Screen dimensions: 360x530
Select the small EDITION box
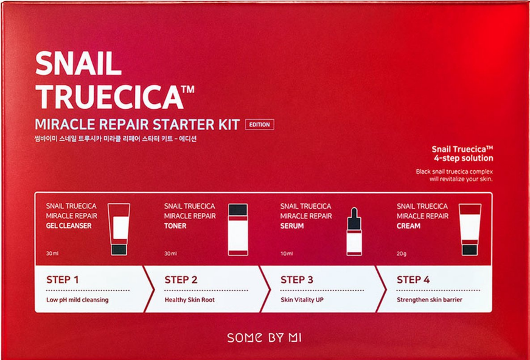tap(259, 125)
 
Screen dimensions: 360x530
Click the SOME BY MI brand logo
tap(264, 337)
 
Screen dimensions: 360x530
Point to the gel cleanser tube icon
tap(119, 229)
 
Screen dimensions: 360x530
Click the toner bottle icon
tap(237, 229)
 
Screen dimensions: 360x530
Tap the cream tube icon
tap(469, 229)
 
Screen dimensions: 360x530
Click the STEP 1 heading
tap(63, 280)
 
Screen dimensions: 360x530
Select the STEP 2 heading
tap(181, 280)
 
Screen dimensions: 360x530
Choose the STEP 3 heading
tap(297, 280)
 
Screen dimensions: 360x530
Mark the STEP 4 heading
tap(413, 280)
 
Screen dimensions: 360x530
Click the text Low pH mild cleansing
tap(77, 300)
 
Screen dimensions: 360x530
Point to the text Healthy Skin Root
tap(189, 300)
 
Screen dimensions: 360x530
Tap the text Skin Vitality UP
tap(302, 300)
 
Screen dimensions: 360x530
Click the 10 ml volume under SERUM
tap(287, 254)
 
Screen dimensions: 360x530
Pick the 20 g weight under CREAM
tap(402, 254)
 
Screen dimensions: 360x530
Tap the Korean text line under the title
tap(117, 139)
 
